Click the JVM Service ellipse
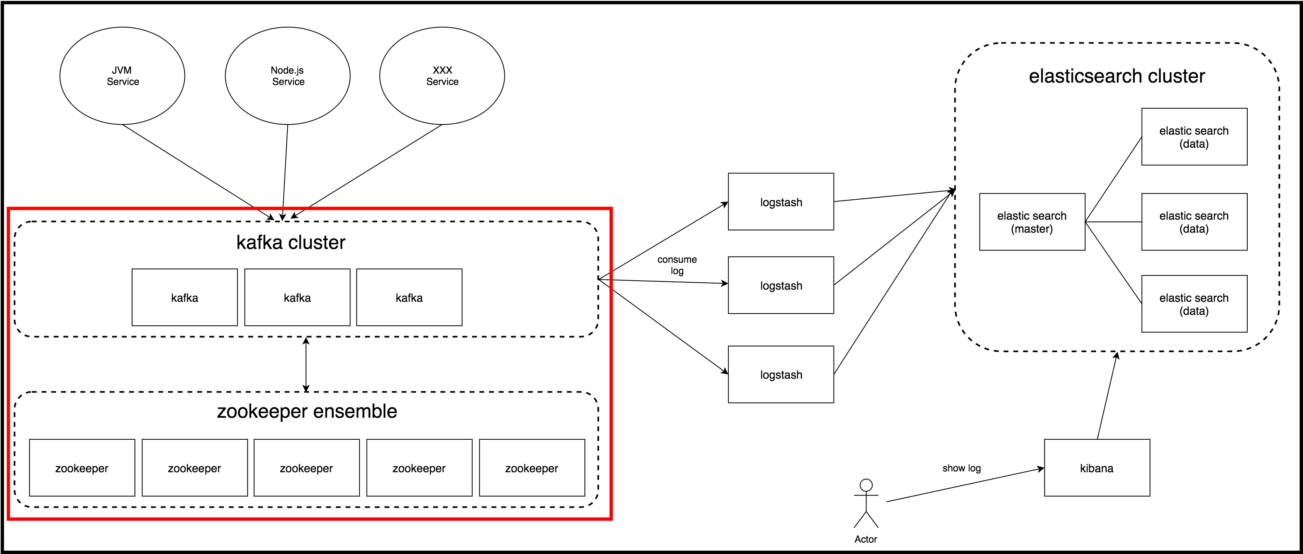(x=122, y=76)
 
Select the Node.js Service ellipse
(x=287, y=76)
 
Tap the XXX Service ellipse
(x=442, y=76)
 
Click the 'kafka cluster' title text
(x=291, y=242)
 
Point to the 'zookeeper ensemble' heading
(x=307, y=411)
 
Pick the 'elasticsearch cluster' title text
(x=1117, y=76)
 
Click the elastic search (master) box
(x=1032, y=222)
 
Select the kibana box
(x=1097, y=468)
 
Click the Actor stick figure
(x=866, y=504)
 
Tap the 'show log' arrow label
(x=961, y=468)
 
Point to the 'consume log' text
(x=677, y=265)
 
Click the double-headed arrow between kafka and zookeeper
(x=306, y=364)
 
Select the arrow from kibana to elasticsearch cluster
(x=1107, y=395)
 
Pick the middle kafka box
(x=298, y=297)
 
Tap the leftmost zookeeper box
(x=82, y=468)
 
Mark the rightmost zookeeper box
(x=532, y=468)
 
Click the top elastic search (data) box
(x=1194, y=137)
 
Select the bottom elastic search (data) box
(x=1194, y=304)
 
